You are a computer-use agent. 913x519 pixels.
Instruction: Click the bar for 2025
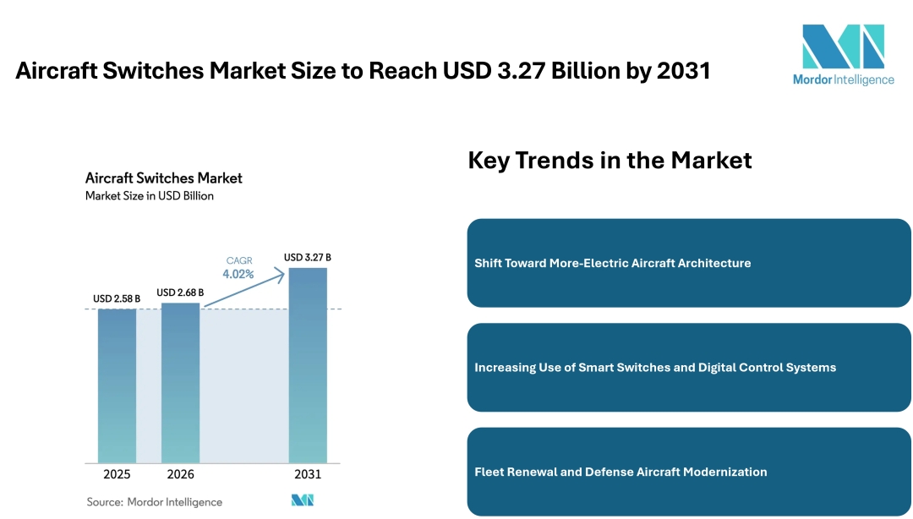[x=117, y=385]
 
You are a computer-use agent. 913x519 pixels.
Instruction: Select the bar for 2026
[x=180, y=382]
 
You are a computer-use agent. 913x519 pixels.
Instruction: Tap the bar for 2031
[x=308, y=365]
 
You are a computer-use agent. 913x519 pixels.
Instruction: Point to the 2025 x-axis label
[x=117, y=474]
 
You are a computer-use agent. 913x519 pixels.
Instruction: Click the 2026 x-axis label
[x=180, y=474]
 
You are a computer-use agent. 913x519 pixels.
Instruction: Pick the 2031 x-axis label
[x=308, y=474]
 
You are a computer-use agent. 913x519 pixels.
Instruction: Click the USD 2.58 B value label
[x=117, y=298]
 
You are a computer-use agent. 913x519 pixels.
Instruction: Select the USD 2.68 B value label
[x=180, y=292]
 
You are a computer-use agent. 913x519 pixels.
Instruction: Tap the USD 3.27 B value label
[x=308, y=257]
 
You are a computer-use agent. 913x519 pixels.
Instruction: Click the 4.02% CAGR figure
[x=238, y=274]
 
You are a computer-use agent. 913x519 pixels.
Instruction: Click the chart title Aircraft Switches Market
[x=164, y=178]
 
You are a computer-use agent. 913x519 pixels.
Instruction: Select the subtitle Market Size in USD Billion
[x=150, y=196]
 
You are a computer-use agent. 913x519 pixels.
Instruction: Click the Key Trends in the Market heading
[x=610, y=160]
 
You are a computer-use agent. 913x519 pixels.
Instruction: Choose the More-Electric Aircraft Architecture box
[x=688, y=263]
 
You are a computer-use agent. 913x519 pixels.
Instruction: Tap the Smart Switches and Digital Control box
[x=688, y=368]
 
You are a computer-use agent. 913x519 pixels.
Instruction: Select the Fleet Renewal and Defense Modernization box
[x=688, y=472]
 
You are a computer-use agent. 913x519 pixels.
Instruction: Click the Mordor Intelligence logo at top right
[x=843, y=54]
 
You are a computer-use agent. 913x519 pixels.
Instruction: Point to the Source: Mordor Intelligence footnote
[x=155, y=502]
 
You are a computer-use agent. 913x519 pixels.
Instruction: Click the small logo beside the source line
[x=303, y=500]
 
